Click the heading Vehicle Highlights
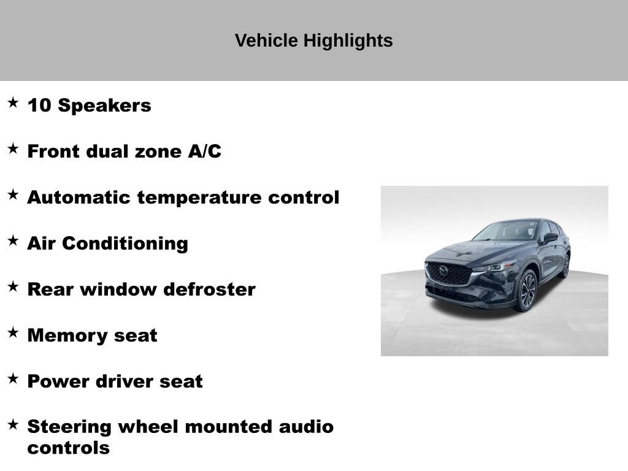[x=313, y=41]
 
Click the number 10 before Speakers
[x=39, y=105]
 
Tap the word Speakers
[x=104, y=105]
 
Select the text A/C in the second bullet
[x=204, y=151]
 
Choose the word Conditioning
[x=125, y=243]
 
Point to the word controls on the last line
[x=68, y=448]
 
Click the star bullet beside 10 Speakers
[x=13, y=103]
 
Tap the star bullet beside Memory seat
[x=13, y=333]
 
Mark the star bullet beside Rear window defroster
[x=13, y=287]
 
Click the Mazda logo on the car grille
[x=443, y=271]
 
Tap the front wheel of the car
[x=527, y=291]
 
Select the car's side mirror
[x=550, y=237]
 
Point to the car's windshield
[x=508, y=231]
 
